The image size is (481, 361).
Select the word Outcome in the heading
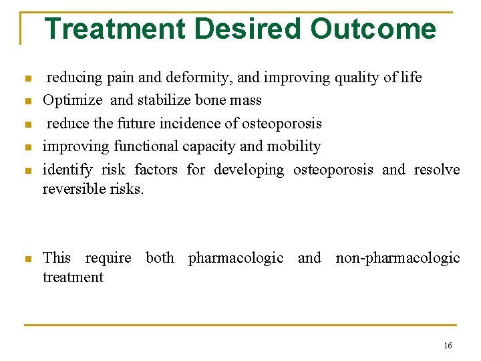(373, 29)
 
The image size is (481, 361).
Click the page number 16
(447, 346)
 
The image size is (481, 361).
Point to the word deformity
(204, 78)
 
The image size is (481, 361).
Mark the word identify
(67, 170)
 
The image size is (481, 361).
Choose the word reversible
(73, 189)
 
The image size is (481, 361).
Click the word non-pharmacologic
(397, 258)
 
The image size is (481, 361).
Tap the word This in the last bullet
(56, 258)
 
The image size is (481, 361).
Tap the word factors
(156, 170)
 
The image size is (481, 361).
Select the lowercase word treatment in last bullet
(73, 277)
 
